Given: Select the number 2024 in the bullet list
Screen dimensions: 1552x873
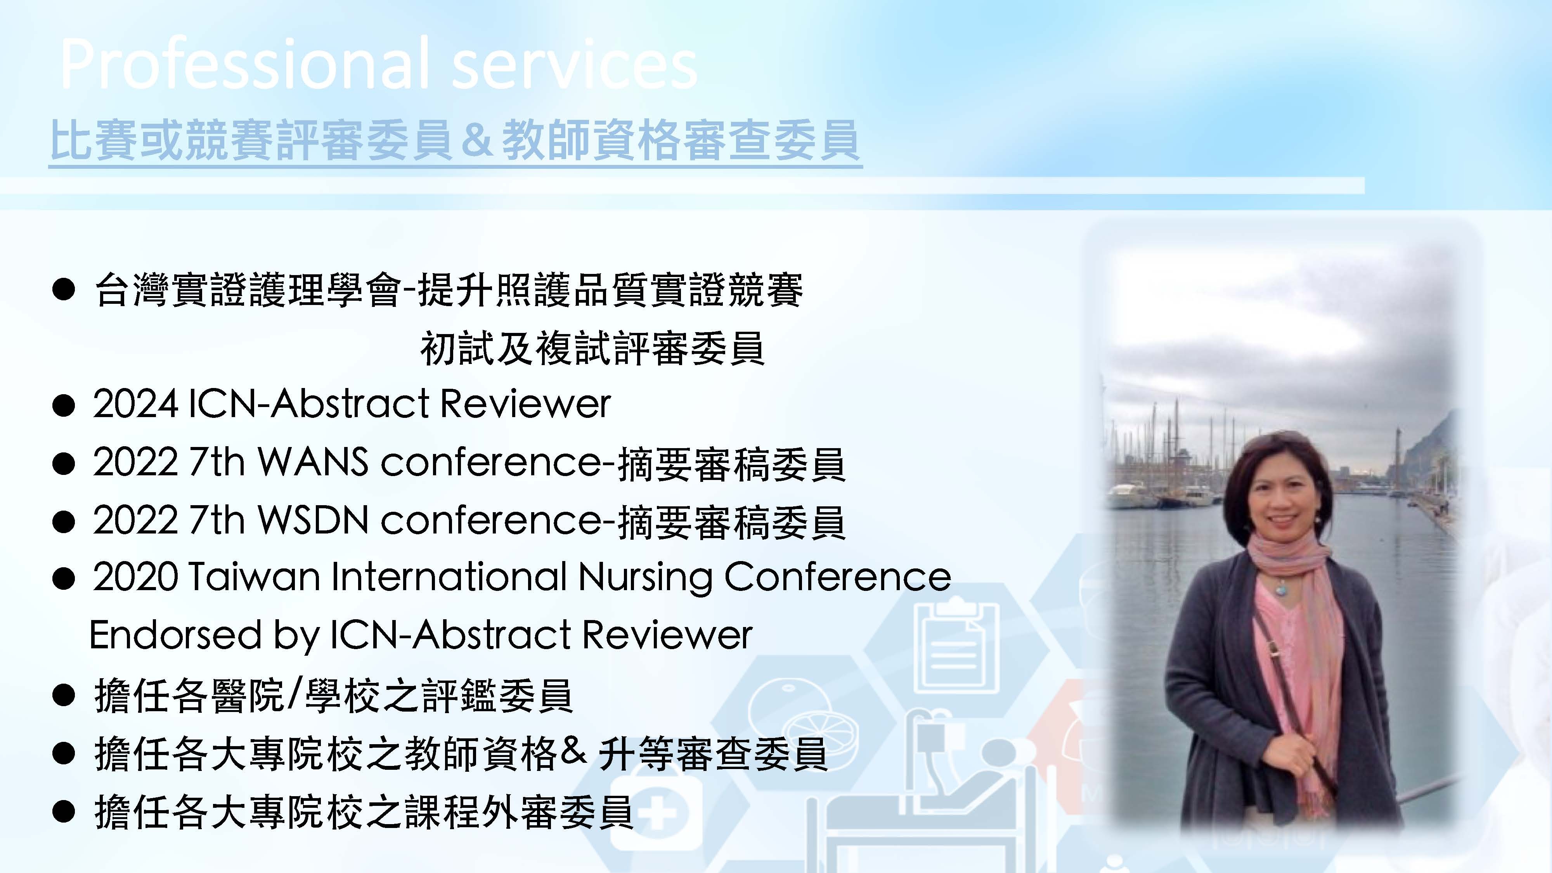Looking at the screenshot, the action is tap(135, 403).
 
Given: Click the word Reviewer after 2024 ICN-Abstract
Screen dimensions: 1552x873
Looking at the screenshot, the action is tap(525, 403).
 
